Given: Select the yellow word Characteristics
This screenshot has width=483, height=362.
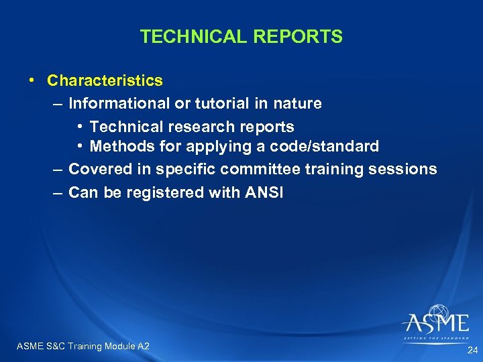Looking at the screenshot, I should pos(105,80).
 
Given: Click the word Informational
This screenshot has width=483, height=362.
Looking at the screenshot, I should pos(118,103).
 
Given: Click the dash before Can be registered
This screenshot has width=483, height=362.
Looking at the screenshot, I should pos(58,192).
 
